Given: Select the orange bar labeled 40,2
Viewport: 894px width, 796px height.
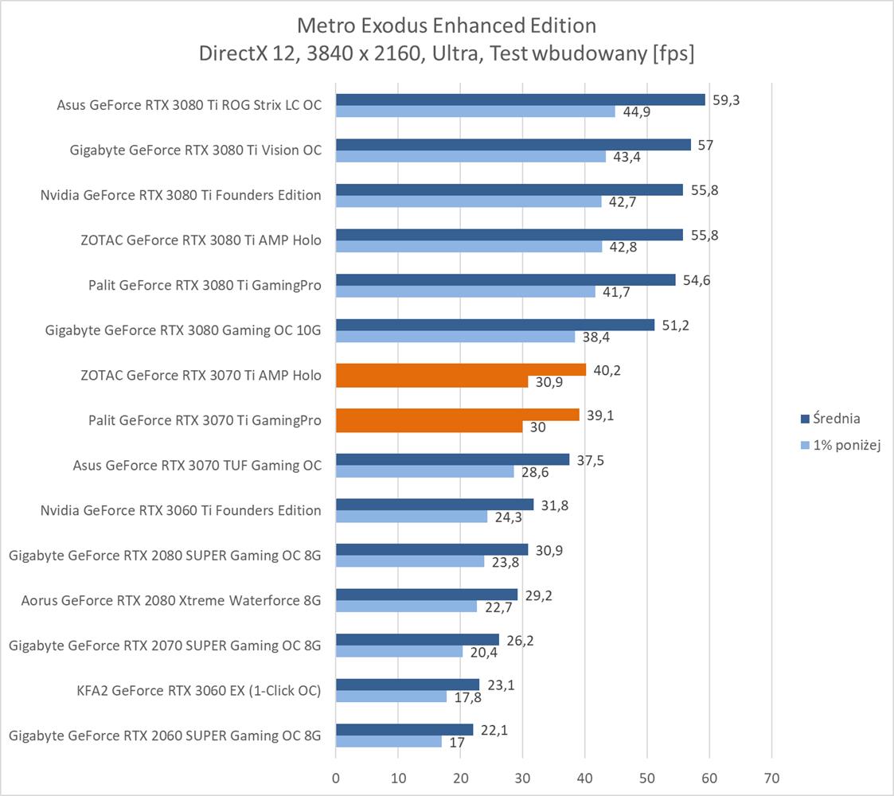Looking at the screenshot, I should (x=461, y=369).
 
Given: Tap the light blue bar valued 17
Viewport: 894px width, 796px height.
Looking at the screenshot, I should (x=388, y=742).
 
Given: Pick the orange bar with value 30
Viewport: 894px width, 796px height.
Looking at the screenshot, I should (x=429, y=427).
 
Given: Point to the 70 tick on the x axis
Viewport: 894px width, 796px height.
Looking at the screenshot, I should (x=771, y=777).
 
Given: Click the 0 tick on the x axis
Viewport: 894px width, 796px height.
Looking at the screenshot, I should (x=336, y=777).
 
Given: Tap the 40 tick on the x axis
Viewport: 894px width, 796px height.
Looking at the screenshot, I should (x=585, y=777).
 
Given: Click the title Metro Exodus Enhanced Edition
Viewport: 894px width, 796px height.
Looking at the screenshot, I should (x=447, y=25).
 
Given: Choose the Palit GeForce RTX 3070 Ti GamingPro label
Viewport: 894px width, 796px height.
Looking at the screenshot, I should (x=205, y=420).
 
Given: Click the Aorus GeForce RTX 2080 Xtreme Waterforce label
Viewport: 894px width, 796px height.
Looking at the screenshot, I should (x=171, y=600).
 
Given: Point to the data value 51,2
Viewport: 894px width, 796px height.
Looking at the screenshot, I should (x=673, y=324).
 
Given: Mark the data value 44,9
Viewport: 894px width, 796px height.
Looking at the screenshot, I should (x=636, y=111).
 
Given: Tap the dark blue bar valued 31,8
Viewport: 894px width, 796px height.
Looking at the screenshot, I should (x=435, y=504).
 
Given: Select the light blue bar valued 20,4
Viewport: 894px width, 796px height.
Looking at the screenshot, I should (x=399, y=651).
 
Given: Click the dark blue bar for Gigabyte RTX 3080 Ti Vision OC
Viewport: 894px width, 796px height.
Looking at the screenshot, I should (x=513, y=144).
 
